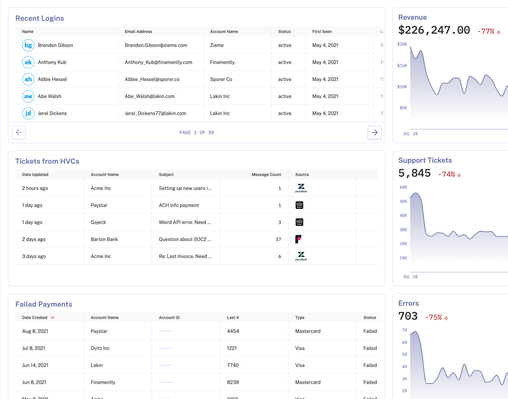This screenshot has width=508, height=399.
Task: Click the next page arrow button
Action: (x=374, y=132)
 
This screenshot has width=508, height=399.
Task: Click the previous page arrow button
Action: (x=19, y=132)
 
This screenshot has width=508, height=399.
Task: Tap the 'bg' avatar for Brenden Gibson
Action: (x=28, y=45)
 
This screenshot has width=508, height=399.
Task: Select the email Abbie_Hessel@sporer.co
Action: (x=152, y=79)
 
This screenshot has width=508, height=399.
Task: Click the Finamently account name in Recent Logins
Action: (x=222, y=62)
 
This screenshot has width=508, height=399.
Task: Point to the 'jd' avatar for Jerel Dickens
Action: (x=28, y=113)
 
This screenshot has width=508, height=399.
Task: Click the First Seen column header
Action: (x=322, y=32)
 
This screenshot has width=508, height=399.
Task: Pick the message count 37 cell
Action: (x=278, y=239)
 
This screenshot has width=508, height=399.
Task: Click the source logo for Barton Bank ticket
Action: (x=298, y=239)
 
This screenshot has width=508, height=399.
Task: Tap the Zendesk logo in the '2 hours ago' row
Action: (x=301, y=188)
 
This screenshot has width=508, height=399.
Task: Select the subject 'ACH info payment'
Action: (x=179, y=205)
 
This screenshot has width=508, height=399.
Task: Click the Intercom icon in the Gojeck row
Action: (x=299, y=222)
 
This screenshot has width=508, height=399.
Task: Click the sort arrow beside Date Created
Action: (x=53, y=318)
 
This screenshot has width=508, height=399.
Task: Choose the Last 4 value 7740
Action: (x=233, y=365)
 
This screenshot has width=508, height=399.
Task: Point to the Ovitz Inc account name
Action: (x=100, y=348)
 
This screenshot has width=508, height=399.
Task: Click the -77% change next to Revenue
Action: (x=486, y=31)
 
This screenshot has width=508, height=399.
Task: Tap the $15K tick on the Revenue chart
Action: (x=402, y=66)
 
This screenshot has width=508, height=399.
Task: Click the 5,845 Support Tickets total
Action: (x=414, y=173)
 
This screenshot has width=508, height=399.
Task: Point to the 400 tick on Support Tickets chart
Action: (x=403, y=216)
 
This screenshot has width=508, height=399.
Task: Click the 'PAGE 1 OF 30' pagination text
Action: (x=197, y=132)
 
